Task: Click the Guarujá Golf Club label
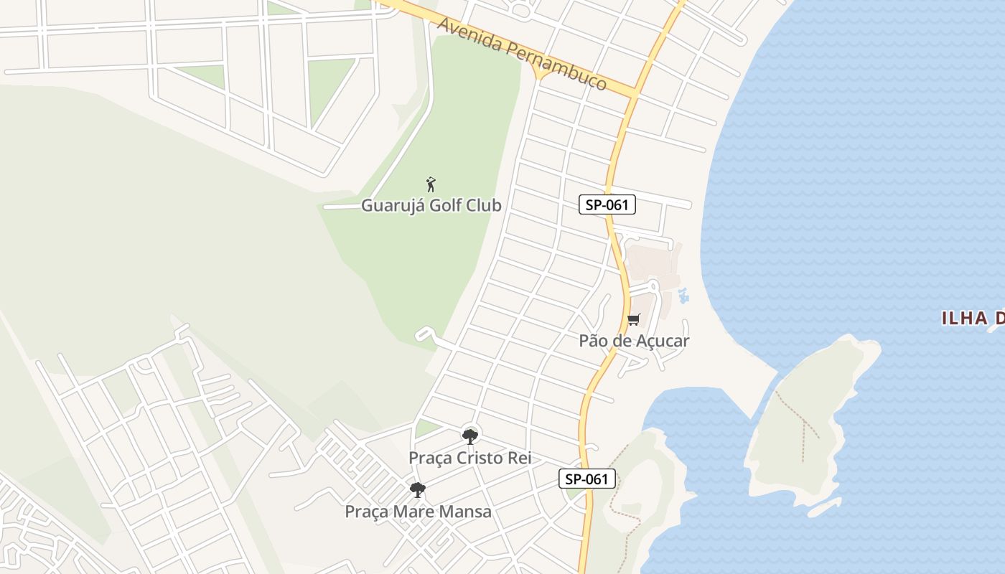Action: tap(431, 205)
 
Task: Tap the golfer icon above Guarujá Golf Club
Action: tap(431, 184)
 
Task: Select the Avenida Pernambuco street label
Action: tap(522, 54)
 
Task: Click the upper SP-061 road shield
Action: tap(607, 204)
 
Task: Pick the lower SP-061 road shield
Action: tap(587, 479)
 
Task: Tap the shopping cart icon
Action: tap(633, 320)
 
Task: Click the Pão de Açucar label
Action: tap(634, 341)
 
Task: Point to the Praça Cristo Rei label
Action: tap(470, 458)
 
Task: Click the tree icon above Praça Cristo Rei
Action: tap(470, 436)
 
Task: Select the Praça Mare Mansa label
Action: tap(418, 512)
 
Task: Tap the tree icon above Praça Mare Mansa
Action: tap(417, 490)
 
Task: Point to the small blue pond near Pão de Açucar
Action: tap(683, 295)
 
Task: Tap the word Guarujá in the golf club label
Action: tap(389, 205)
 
